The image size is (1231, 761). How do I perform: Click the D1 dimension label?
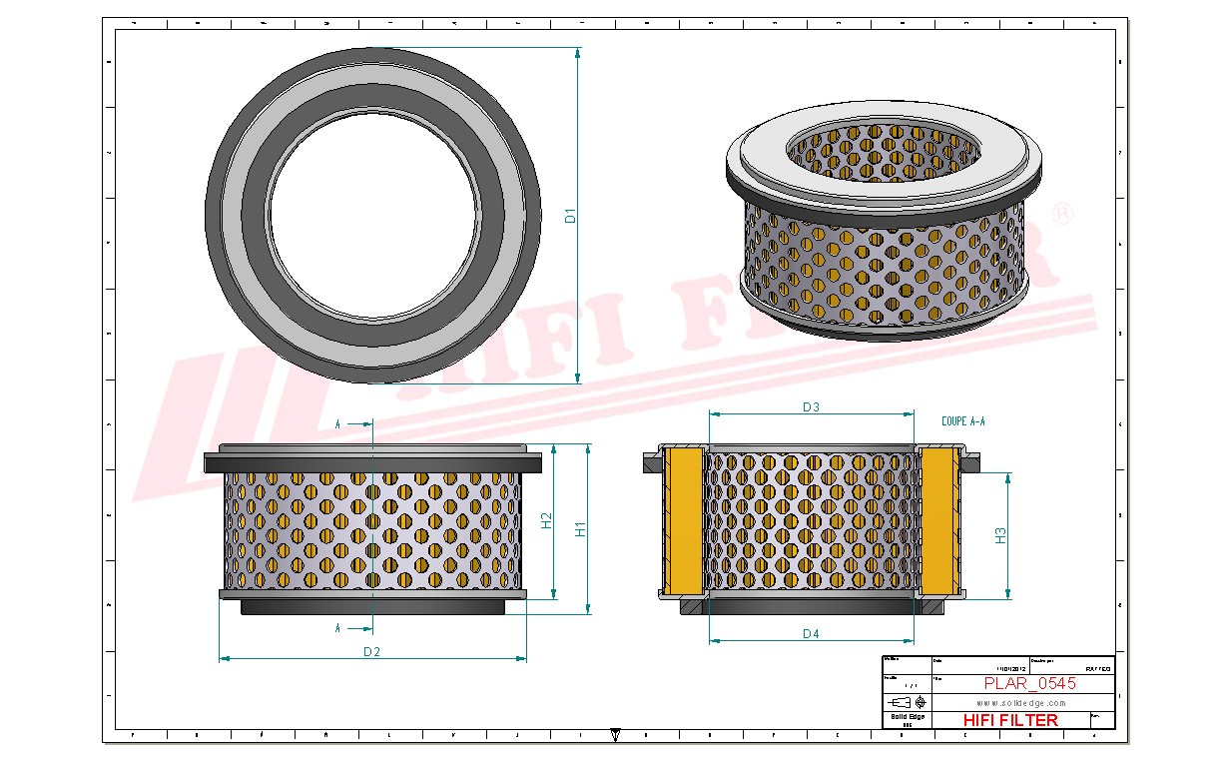coord(570,215)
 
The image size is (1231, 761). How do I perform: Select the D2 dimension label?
coord(371,652)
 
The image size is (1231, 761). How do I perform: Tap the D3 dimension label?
coord(811,406)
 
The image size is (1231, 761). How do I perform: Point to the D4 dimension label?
coord(811,634)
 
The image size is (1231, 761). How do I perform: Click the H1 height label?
coord(580,528)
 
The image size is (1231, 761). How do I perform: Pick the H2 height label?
coord(546,520)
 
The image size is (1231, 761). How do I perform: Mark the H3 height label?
coord(1000,535)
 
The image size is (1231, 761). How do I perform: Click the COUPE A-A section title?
coord(962,421)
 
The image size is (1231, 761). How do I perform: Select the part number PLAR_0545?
coord(1029,684)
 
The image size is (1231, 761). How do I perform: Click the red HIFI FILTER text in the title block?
coord(1009,720)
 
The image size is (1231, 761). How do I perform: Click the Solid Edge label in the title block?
coord(907,717)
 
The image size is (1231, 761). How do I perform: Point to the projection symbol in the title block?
coord(907,702)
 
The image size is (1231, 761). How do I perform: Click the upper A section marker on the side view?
coord(338,425)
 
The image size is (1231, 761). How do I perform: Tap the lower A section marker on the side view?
coord(338,628)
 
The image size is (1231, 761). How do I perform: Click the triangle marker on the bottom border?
coord(615,733)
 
